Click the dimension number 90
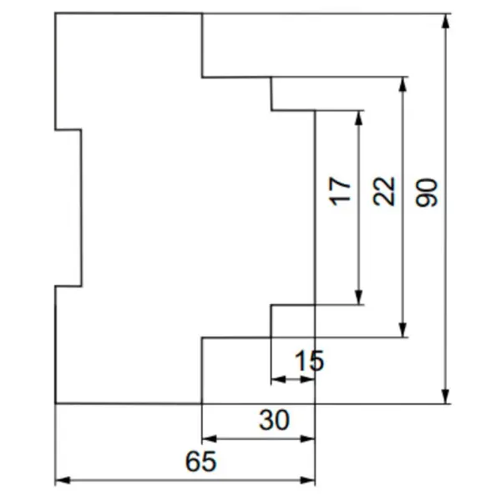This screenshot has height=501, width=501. (x=426, y=193)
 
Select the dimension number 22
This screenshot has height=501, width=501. (x=384, y=191)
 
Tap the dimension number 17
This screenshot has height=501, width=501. (x=340, y=191)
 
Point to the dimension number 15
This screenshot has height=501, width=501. (x=309, y=361)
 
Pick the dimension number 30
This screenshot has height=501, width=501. (x=275, y=420)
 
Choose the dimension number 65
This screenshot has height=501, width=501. (x=201, y=462)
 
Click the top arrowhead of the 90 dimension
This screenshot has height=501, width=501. (x=446, y=21)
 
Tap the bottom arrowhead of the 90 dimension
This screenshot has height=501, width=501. (x=446, y=396)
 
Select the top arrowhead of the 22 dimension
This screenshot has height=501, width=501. (x=403, y=84)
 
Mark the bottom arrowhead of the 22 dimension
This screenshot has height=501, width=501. (x=403, y=330)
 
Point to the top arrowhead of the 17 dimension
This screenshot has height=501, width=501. (x=359, y=118)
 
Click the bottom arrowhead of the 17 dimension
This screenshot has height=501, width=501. (x=359, y=297)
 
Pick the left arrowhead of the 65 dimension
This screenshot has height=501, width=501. (x=63, y=480)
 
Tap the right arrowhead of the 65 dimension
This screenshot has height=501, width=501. (x=307, y=480)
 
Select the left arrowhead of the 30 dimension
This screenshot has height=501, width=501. (x=210, y=438)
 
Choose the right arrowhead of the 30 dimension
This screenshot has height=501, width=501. (x=307, y=438)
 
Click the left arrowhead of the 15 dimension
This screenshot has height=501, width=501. (x=278, y=380)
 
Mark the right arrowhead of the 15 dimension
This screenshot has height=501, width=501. (x=307, y=380)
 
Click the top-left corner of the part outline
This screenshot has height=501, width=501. (x=55, y=13)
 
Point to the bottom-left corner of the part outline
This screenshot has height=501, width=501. (x=56, y=403)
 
